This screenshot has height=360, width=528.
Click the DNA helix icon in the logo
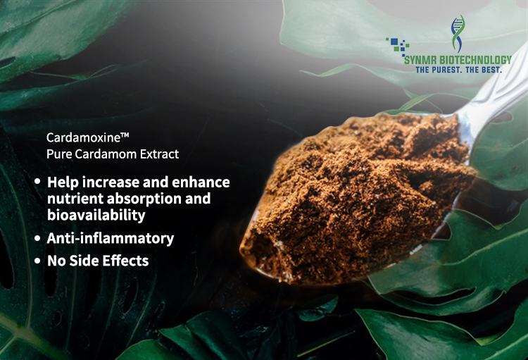point(458,33)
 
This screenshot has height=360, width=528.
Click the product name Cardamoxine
point(83,137)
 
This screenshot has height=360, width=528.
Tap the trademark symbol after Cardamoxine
point(125,135)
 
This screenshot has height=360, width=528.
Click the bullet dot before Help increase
point(37,181)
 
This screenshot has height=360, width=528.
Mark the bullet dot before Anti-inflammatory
point(37,238)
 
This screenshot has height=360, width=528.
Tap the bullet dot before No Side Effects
point(37,261)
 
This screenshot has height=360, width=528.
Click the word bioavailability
point(96,215)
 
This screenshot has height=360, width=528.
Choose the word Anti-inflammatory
point(111,238)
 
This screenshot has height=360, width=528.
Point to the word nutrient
point(75,199)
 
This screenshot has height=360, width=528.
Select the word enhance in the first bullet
point(201,182)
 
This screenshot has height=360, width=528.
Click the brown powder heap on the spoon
point(357,199)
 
